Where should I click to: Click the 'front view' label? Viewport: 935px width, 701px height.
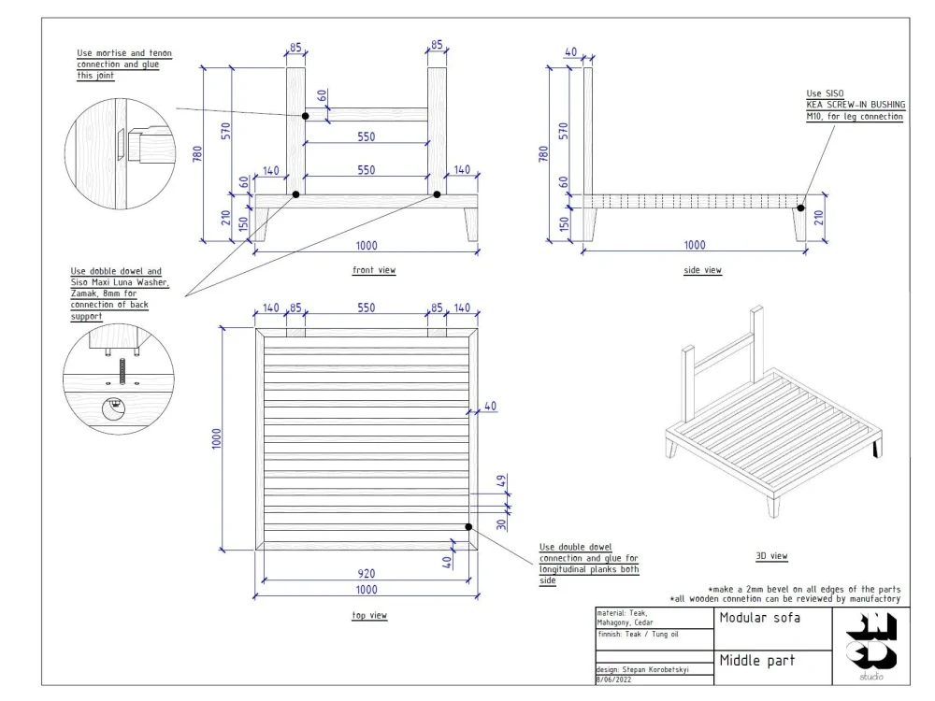373,270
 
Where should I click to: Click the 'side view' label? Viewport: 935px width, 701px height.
702,270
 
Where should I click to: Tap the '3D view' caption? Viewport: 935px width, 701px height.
771,556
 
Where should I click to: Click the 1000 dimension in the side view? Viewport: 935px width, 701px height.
695,245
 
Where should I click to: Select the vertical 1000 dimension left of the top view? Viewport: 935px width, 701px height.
216,438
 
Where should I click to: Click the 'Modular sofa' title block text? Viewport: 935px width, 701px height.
760,618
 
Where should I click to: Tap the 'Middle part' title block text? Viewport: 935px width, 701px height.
757,661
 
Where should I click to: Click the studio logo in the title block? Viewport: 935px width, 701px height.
870,642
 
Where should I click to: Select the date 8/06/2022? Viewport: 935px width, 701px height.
613,680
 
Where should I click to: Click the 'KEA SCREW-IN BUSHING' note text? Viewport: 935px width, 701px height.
855,106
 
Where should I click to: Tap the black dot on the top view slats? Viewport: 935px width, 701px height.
468,527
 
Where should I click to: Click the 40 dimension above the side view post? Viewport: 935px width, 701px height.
571,52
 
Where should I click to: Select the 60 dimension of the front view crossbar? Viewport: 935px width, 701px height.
322,95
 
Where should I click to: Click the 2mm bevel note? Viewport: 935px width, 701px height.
804,589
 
